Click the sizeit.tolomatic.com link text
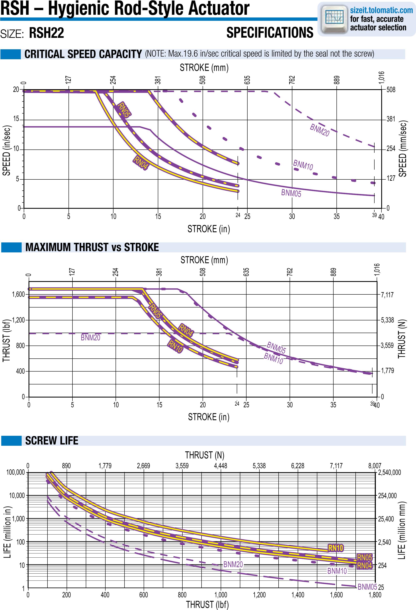pos(381,10)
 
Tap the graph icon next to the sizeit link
pos(334,18)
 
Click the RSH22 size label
pos(46,33)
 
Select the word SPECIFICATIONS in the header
pos(270,33)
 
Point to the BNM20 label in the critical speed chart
pos(319,130)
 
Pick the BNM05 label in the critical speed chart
pos(291,193)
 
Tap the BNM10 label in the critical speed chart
pos(303,165)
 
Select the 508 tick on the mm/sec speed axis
pos(391,90)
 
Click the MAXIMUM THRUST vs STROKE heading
pos(92,247)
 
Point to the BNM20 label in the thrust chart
pos(90,338)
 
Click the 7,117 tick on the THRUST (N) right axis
pos(387,295)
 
